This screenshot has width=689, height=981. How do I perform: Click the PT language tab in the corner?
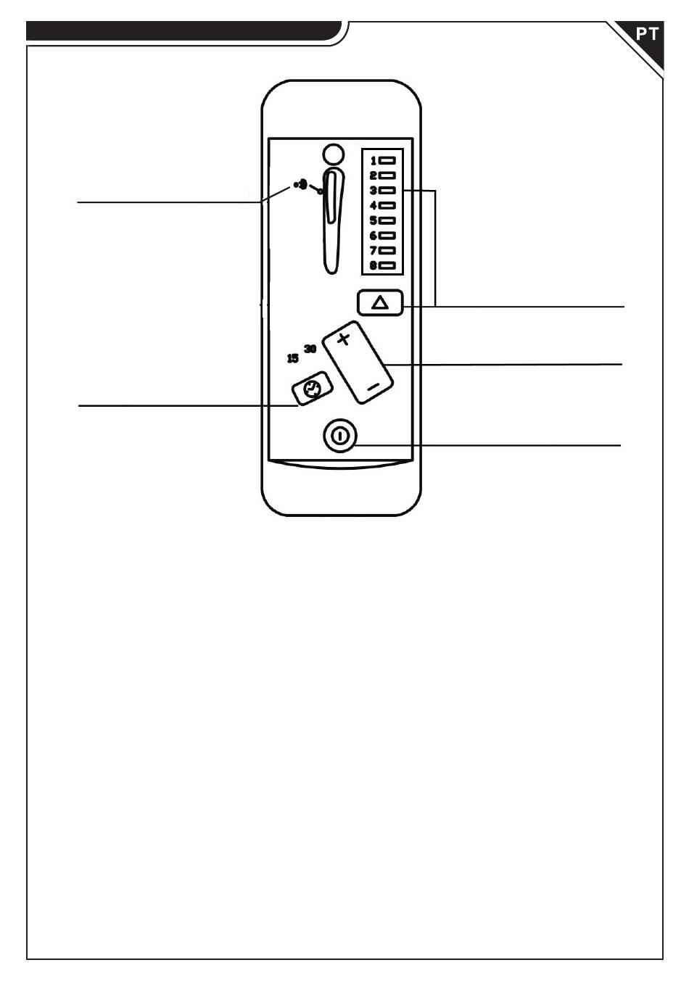(x=646, y=34)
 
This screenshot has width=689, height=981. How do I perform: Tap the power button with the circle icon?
(x=339, y=436)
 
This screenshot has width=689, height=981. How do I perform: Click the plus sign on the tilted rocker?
(x=344, y=339)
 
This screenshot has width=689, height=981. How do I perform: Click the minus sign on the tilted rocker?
(x=373, y=387)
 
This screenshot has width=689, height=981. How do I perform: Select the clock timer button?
(x=313, y=388)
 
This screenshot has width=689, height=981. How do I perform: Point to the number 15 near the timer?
(x=292, y=358)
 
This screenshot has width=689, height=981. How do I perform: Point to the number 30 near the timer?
(x=310, y=349)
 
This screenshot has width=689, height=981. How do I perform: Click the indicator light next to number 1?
(x=387, y=160)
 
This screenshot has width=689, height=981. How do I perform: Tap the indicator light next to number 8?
(x=387, y=265)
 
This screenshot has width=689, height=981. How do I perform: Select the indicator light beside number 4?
(x=387, y=205)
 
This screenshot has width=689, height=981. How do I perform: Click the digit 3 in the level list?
(x=374, y=191)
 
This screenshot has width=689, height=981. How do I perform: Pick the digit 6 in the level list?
(x=374, y=236)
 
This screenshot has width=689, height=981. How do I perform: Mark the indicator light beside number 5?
(x=387, y=220)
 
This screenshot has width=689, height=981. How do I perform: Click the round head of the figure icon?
(x=334, y=154)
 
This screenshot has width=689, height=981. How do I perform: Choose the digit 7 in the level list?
(x=374, y=250)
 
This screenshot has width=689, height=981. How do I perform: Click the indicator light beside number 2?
(x=387, y=175)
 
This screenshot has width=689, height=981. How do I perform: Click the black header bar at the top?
(x=184, y=31)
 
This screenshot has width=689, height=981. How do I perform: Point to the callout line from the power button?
(x=487, y=445)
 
